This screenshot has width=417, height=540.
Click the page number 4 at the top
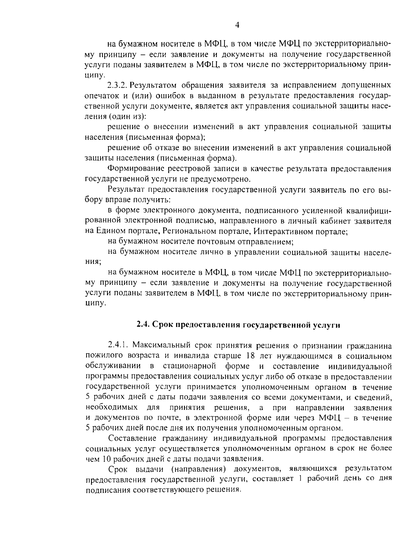[237, 24]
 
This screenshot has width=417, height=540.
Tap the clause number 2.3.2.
[118, 85]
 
